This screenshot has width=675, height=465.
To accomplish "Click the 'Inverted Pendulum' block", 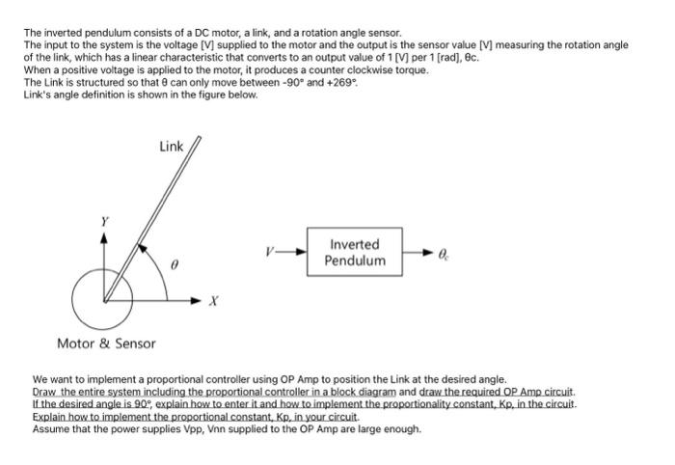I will pos(354,253).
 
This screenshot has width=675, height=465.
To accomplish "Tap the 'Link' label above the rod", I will pos(172,146).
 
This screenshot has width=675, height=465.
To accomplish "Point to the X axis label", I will pos(214,302).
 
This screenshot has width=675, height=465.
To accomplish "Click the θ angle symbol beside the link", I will pos(175,262).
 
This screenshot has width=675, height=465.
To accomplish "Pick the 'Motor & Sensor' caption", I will pos(106,343).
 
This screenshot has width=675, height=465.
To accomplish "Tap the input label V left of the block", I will pos(273,253).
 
